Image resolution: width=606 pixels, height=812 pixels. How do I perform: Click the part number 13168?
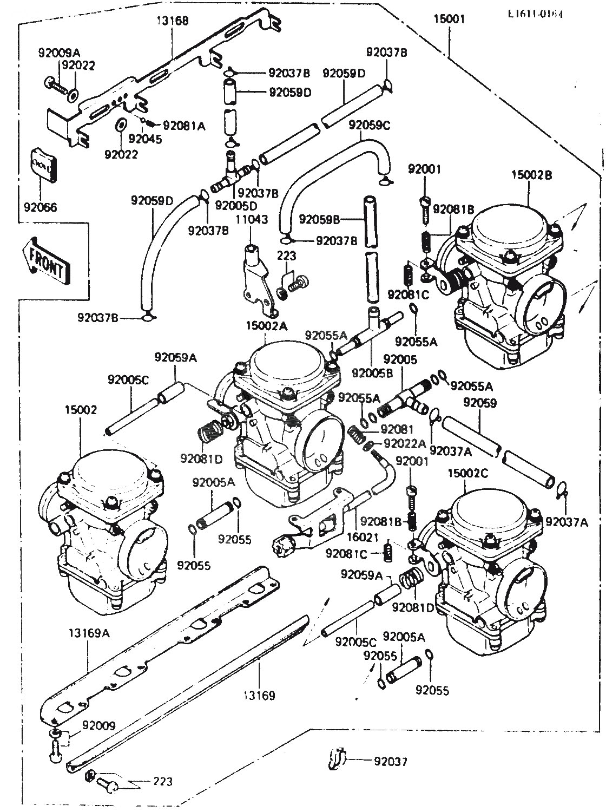[173, 21]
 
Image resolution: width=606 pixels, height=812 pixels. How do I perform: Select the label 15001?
[449, 19]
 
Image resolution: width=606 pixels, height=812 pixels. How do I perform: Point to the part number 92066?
[40, 207]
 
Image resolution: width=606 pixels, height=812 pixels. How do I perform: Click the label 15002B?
[531, 175]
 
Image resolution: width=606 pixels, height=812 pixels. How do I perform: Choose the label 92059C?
[370, 126]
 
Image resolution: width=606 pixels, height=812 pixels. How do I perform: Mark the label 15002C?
[468, 473]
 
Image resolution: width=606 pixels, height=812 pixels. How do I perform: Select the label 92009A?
[59, 53]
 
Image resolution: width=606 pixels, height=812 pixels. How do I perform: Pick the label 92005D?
[236, 206]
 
